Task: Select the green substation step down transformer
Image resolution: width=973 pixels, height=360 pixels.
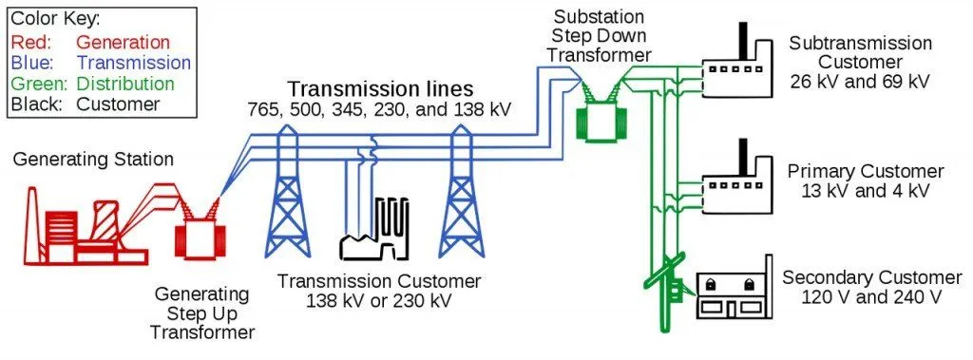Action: click(597, 120)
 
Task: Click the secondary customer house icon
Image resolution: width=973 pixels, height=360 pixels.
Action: click(733, 294)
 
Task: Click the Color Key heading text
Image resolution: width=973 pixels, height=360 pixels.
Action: click(56, 20)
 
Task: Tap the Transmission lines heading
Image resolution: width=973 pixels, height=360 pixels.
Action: click(380, 87)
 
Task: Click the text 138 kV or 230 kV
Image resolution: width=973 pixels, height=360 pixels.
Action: click(379, 301)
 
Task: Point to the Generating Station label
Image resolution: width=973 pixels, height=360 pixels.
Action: click(93, 160)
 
